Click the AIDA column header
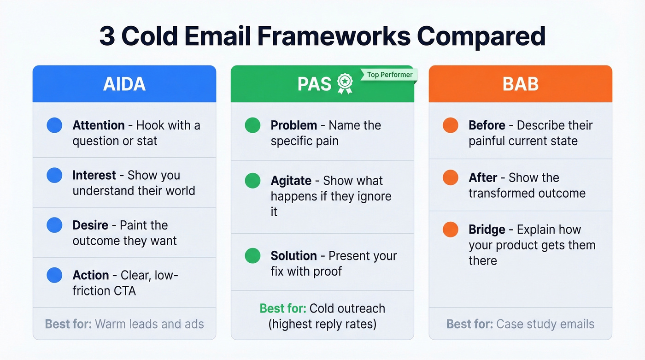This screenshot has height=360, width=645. click(124, 84)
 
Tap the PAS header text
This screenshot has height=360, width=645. click(315, 84)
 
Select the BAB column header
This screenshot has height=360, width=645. click(520, 84)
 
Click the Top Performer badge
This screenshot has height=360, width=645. click(389, 75)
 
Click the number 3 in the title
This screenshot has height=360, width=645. click(107, 36)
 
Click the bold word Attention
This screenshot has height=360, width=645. click(99, 125)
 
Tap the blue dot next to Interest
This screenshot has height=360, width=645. click(54, 175)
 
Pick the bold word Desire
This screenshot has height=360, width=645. click(90, 225)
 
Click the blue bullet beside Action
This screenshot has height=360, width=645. click(54, 275)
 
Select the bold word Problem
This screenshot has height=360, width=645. click(293, 125)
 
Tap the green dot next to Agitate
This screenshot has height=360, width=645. click(252, 181)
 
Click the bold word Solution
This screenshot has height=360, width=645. click(293, 256)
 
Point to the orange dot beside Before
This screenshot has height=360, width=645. click(451, 125)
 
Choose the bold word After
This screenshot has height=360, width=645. click(482, 178)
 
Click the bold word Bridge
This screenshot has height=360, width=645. click(487, 230)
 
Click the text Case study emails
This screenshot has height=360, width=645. click(545, 324)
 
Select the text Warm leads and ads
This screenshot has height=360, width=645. click(149, 324)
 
